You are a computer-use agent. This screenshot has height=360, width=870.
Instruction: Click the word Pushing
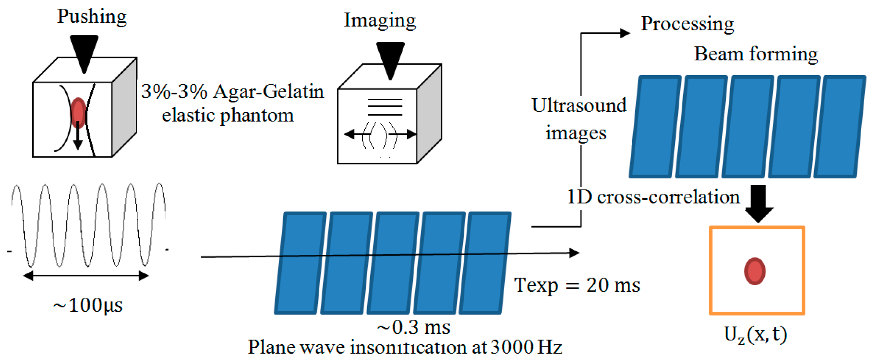click(92, 17)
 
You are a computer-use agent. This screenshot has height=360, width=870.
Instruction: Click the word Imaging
click(379, 21)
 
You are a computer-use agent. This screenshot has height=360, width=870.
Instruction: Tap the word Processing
click(687, 24)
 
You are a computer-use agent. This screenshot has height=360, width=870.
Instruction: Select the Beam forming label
click(756, 54)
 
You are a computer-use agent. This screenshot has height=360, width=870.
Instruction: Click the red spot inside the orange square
click(755, 271)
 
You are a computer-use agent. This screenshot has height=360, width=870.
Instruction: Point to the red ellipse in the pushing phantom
click(78, 112)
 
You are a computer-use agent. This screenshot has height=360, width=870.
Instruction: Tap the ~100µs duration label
click(88, 305)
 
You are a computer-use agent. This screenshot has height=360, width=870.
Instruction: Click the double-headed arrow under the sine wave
click(86, 276)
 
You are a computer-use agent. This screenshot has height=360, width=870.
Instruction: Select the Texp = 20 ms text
click(576, 285)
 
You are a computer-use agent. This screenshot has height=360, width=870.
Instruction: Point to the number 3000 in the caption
click(512, 347)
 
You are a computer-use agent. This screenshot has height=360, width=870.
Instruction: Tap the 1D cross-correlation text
click(653, 197)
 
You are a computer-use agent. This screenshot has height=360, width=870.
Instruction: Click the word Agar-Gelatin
click(268, 92)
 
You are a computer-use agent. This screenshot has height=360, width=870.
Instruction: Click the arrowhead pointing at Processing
click(625, 33)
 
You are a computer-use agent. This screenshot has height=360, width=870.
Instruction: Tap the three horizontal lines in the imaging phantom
click(385, 107)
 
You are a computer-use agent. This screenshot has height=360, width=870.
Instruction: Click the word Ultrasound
click(579, 106)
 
